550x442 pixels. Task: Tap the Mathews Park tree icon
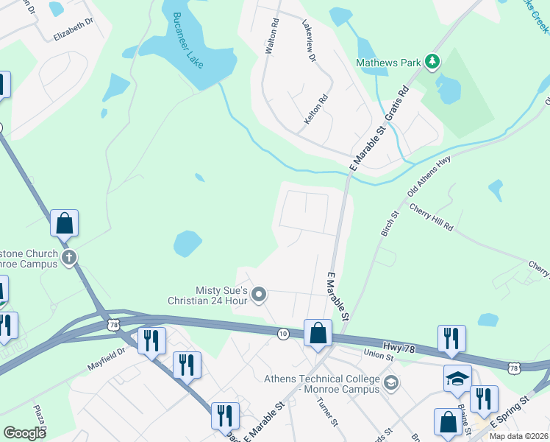tap(433, 62)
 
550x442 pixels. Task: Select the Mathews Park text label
tap(389, 63)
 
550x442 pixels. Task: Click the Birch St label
tap(389, 223)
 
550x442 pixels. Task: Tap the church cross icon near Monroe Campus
tap(69, 257)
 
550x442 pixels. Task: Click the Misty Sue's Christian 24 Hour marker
tap(258, 295)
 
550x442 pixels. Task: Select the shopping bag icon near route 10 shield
tap(318, 333)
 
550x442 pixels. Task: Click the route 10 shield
tap(282, 334)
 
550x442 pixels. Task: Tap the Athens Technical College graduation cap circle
tap(391, 381)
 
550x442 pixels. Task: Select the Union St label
tap(379, 356)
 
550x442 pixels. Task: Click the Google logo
tap(25, 433)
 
